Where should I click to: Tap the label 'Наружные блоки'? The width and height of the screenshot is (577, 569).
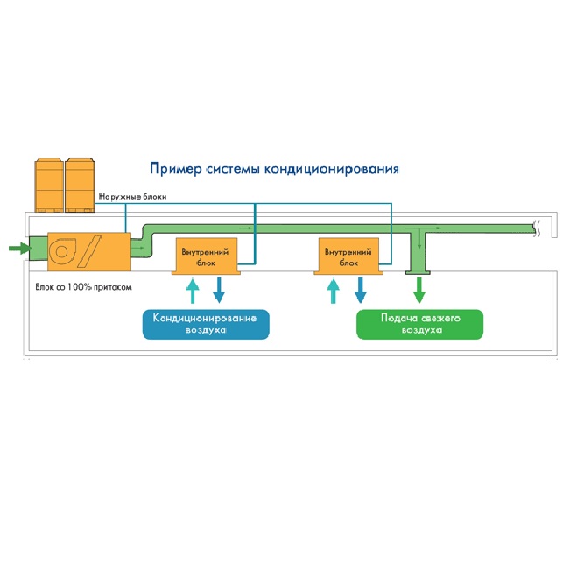[132, 197]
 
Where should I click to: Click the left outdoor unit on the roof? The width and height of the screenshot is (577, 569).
[49, 185]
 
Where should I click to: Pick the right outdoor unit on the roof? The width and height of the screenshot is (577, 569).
[81, 185]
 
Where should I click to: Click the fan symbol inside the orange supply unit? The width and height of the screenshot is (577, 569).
[63, 251]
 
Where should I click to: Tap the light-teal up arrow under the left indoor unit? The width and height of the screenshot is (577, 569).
[193, 290]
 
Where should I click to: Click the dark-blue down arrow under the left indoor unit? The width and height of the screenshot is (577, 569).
[219, 290]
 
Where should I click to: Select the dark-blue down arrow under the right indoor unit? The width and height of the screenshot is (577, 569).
[360, 290]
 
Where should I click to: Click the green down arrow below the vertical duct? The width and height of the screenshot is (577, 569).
[419, 289]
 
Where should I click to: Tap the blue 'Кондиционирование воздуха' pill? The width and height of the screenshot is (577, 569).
[206, 324]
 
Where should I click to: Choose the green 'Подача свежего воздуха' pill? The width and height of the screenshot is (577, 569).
[420, 324]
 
